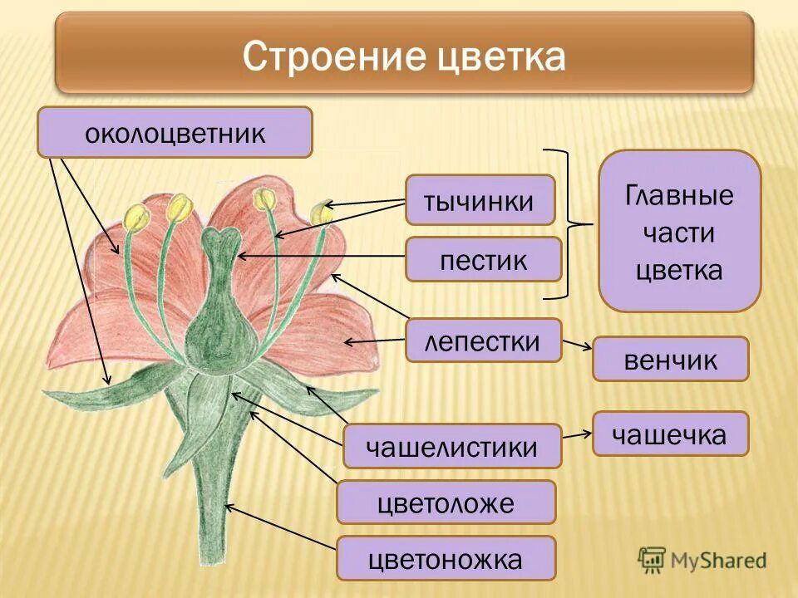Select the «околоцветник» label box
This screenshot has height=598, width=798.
coord(175,133)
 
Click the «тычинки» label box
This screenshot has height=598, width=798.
coord(480,200)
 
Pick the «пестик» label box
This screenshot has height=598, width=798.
coord(483,259)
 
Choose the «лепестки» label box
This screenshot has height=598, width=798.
coord(483,341)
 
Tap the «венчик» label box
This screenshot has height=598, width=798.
coord(670,359)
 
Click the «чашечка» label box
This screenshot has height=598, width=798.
coord(670,434)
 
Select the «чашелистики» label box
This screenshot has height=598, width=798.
coord(452,447)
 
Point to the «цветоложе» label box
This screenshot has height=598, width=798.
coord(446,502)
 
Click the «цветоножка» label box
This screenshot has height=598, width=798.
coord(446,558)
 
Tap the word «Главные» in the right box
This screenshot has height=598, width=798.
coord(679,196)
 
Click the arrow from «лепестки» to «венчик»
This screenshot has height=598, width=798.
coord(577,344)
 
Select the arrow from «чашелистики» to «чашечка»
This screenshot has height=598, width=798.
coord(577,433)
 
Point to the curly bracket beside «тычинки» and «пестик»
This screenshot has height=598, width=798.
coord(571,223)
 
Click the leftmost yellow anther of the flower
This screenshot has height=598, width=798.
coord(135,218)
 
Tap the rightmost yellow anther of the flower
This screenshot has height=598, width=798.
coord(320,213)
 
